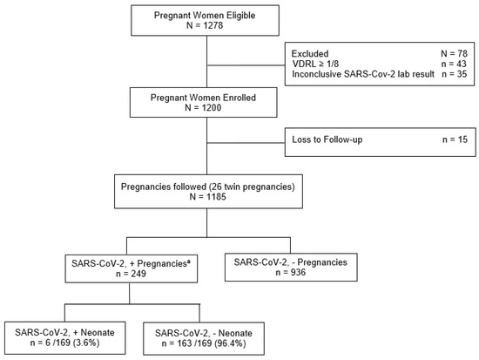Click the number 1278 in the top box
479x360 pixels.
point(213,25)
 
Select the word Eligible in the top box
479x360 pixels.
point(240,16)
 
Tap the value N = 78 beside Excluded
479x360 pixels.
point(454,54)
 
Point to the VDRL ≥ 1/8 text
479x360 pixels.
point(315,64)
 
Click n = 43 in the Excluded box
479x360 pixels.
point(455,64)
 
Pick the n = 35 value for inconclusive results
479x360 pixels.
point(455,74)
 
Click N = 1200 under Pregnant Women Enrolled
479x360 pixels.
point(203,108)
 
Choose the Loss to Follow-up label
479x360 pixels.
point(327,139)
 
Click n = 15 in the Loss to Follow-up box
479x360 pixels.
point(455,139)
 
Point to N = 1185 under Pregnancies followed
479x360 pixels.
point(208,197)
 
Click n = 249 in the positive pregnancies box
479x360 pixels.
point(131,274)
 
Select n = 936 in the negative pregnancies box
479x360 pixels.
point(291,272)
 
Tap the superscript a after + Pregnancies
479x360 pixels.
point(188,262)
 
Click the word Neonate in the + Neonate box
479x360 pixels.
point(98,332)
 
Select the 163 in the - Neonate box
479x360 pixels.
point(184,343)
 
